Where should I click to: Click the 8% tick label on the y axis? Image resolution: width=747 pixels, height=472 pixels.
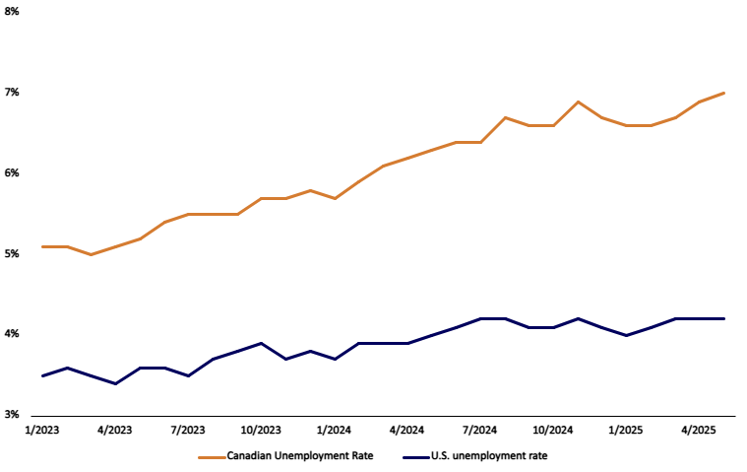coord(13,12)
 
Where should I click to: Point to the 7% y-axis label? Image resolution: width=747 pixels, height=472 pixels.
coord(13,93)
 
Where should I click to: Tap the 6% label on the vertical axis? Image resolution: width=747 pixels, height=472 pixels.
coord(13,173)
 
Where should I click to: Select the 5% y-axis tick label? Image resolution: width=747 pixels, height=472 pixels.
coord(13,254)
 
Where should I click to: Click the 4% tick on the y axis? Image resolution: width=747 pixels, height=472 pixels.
coord(13,335)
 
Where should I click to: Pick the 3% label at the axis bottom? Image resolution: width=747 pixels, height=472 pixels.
coord(13,415)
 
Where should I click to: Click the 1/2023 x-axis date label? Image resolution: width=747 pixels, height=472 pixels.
coord(42,431)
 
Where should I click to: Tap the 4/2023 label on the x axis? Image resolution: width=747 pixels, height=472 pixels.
coord(115,431)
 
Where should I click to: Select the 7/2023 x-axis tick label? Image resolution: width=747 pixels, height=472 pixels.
coord(188,431)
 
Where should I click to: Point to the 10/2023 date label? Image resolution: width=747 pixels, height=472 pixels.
coord(261,431)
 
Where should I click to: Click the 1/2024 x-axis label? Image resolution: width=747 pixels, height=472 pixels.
coord(335,431)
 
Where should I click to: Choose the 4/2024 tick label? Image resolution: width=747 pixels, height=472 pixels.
coord(407,431)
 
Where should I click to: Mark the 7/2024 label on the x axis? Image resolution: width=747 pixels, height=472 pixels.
coord(480,431)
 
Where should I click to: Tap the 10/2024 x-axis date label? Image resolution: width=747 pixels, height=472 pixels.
coord(553,431)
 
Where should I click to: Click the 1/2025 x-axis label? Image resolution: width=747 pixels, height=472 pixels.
coord(627,431)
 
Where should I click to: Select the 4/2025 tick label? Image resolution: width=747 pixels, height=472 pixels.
coord(700,431)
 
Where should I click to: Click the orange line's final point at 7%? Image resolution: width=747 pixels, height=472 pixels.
coord(724,93)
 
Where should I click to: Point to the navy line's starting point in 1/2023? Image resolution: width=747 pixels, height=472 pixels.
coord(42,375)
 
